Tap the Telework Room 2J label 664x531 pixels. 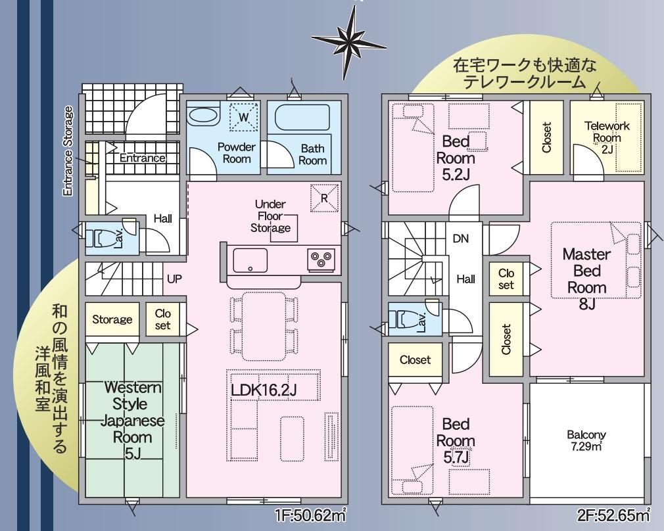pos(607,137)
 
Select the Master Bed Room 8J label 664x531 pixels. pos(587,279)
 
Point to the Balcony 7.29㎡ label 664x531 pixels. pos(586,440)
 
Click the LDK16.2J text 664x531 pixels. pos(264,390)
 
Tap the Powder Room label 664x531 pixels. pos(236,153)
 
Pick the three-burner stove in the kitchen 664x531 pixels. pos(321,259)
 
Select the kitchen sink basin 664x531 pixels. pos(250,260)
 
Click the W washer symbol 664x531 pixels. pos(243,116)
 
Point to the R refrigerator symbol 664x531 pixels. pos(325,198)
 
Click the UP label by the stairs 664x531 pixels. pos(174,279)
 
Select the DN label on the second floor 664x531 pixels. pos(461,239)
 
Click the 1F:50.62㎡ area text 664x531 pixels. pos(311,516)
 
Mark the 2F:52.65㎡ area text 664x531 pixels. pos(613,515)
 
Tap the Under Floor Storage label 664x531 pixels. pos(270,216)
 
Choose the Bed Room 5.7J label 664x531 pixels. pos(456,441)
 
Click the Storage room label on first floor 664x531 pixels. pos(112,319)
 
